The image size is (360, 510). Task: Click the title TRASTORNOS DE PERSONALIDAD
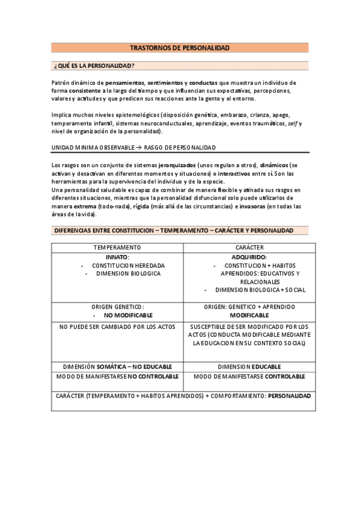[x=180, y=48]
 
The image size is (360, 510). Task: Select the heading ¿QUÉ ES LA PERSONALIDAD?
[x=94, y=66]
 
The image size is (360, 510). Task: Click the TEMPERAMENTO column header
[x=117, y=247]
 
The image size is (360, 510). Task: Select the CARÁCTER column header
[x=249, y=247]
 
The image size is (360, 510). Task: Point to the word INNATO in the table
[x=117, y=256]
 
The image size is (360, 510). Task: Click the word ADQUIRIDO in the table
[x=248, y=256]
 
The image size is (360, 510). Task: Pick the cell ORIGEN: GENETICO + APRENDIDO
[x=249, y=306]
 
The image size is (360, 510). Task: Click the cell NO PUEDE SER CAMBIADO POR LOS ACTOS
[x=117, y=327]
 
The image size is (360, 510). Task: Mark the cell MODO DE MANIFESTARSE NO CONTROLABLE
[x=117, y=376]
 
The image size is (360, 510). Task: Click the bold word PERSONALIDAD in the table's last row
[x=289, y=396]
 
